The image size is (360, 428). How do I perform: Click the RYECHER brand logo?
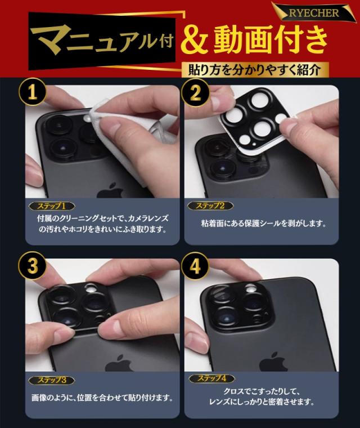pos(314,13)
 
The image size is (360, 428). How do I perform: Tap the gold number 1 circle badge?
pos(32,92)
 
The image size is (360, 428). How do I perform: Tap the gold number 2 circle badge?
pos(196,92)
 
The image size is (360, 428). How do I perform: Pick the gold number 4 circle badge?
pos(195,266)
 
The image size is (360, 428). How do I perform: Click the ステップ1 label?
pos(51,206)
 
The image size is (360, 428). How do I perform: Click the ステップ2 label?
pos(210,206)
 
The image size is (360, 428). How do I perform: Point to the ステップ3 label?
pos(52,380)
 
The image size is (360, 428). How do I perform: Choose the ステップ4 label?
pos(211,378)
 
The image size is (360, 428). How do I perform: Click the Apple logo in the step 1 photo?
pos(110,191)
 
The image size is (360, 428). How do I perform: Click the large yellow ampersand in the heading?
pos(194,42)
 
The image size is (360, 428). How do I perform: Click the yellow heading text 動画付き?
pos(271,41)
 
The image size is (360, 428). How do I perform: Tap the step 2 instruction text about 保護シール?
pos(264,224)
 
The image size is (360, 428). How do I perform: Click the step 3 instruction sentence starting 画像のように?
pos(102,398)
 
